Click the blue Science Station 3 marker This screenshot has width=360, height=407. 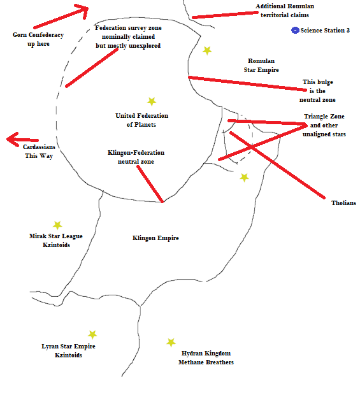pos(295,31)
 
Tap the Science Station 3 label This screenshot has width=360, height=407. pos(325,31)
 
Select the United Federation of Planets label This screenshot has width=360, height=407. pos(141,120)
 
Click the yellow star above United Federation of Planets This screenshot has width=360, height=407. pos(152,101)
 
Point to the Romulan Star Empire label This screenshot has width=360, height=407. pos(261,65)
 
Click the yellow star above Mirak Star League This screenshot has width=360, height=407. pos(57,225)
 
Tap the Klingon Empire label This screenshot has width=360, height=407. pos(155,238)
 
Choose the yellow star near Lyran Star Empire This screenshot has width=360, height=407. pos(92,334)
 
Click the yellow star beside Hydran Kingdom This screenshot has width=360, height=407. pos(171,343)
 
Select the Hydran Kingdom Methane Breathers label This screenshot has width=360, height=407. pos(206,357)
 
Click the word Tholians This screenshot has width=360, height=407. pos(343,203)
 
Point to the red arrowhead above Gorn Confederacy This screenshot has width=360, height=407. pos(83,10)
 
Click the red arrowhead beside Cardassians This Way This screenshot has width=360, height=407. pos(12,139)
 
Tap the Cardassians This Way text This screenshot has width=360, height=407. pos(39,152)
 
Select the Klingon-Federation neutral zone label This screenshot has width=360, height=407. pos(136,157)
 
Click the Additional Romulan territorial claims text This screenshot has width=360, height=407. pos(285,10)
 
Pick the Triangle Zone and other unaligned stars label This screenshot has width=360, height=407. pos(324,125)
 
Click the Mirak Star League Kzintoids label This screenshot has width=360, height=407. pos(56,240)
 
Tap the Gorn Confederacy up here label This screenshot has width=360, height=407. pos(38,39)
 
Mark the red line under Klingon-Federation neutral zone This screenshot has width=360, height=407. pos(150,184)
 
